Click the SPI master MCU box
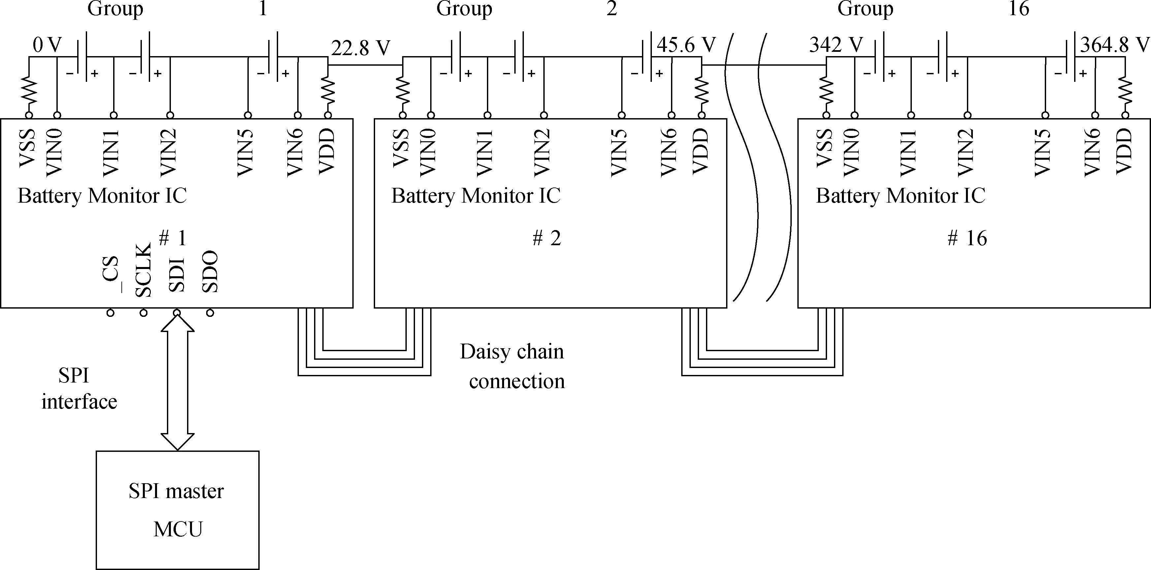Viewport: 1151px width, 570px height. [x=177, y=510]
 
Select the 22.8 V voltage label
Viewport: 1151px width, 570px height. [x=361, y=48]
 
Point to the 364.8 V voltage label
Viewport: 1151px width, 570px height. [x=1115, y=45]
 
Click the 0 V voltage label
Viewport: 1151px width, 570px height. [x=47, y=45]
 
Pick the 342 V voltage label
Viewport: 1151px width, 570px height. [x=836, y=45]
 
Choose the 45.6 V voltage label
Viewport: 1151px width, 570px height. [x=686, y=45]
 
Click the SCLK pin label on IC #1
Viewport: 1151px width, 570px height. [x=144, y=270]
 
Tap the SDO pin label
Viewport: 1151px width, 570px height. [x=210, y=272]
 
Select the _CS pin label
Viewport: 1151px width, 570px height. [x=111, y=274]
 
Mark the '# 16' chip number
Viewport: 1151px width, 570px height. [x=967, y=238]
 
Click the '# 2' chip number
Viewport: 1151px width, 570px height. [x=546, y=238]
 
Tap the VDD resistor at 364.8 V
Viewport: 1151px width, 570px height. [x=1125, y=95]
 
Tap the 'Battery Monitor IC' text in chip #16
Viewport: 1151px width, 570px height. [x=900, y=196]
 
